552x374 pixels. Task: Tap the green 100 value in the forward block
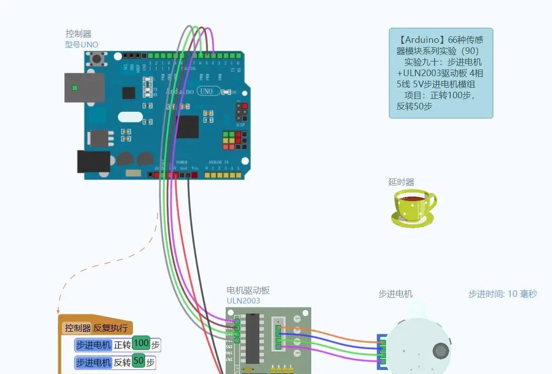coord(142,344)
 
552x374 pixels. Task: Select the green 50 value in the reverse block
coord(139,361)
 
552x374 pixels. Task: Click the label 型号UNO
coord(82,44)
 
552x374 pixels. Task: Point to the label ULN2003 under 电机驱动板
coord(243,301)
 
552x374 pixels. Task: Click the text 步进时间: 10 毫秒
coord(503,294)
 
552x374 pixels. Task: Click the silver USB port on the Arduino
coord(84,88)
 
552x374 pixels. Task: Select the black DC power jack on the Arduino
coord(93,162)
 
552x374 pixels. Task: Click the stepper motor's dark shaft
coord(441,351)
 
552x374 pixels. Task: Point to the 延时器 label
coord(401,182)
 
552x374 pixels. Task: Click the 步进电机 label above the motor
coord(395,294)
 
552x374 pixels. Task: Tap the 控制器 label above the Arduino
coord(79,34)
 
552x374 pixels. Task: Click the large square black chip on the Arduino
coord(187,127)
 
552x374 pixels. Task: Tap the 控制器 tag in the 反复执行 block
coord(78,328)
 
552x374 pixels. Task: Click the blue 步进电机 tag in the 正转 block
coord(93,345)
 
